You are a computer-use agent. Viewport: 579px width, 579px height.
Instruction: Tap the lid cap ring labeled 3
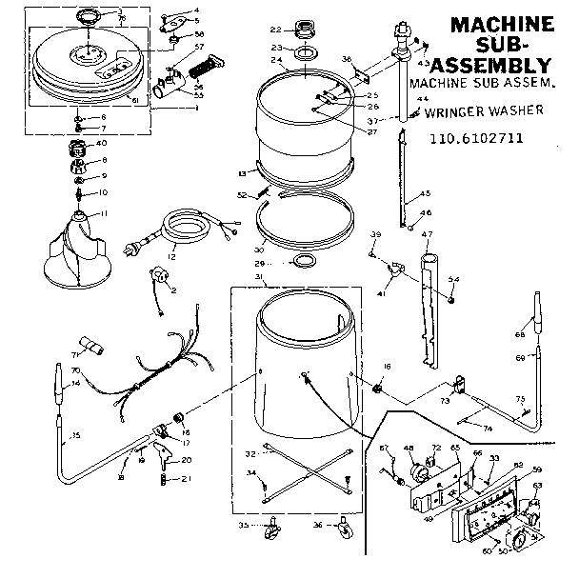pos(85,16)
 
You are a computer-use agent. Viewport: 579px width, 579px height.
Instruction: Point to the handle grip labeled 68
pos(536,312)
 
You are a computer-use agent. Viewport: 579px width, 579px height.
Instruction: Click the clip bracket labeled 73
pos(458,385)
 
